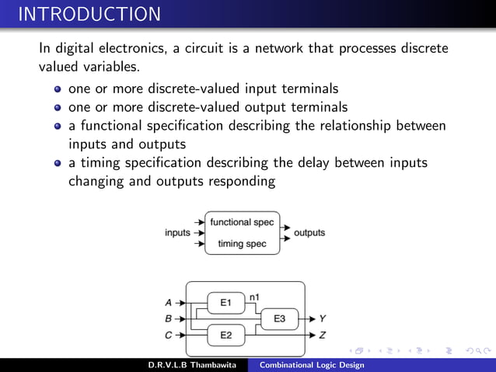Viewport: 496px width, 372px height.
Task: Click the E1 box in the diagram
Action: tap(226, 302)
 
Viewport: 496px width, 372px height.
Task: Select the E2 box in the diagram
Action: tap(226, 335)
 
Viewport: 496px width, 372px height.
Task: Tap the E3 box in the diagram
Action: tap(280, 318)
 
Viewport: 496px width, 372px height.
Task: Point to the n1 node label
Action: tap(254, 297)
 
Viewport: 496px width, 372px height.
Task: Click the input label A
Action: tap(169, 302)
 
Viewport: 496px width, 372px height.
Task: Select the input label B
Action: tap(169, 318)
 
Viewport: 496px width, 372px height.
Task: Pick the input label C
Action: tap(169, 335)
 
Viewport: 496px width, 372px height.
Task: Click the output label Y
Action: tap(323, 318)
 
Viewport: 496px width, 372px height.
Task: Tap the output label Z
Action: tap(323, 335)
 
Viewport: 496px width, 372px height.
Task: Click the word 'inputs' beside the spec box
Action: tap(178, 232)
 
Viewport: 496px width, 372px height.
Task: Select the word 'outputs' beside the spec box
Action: tap(309, 232)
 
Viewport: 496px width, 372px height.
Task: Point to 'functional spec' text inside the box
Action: tap(243, 222)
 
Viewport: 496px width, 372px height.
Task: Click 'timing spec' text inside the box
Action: tap(243, 244)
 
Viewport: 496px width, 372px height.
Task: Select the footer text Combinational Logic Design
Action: tap(311, 365)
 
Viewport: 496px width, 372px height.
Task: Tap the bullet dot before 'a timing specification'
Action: tap(58, 163)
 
